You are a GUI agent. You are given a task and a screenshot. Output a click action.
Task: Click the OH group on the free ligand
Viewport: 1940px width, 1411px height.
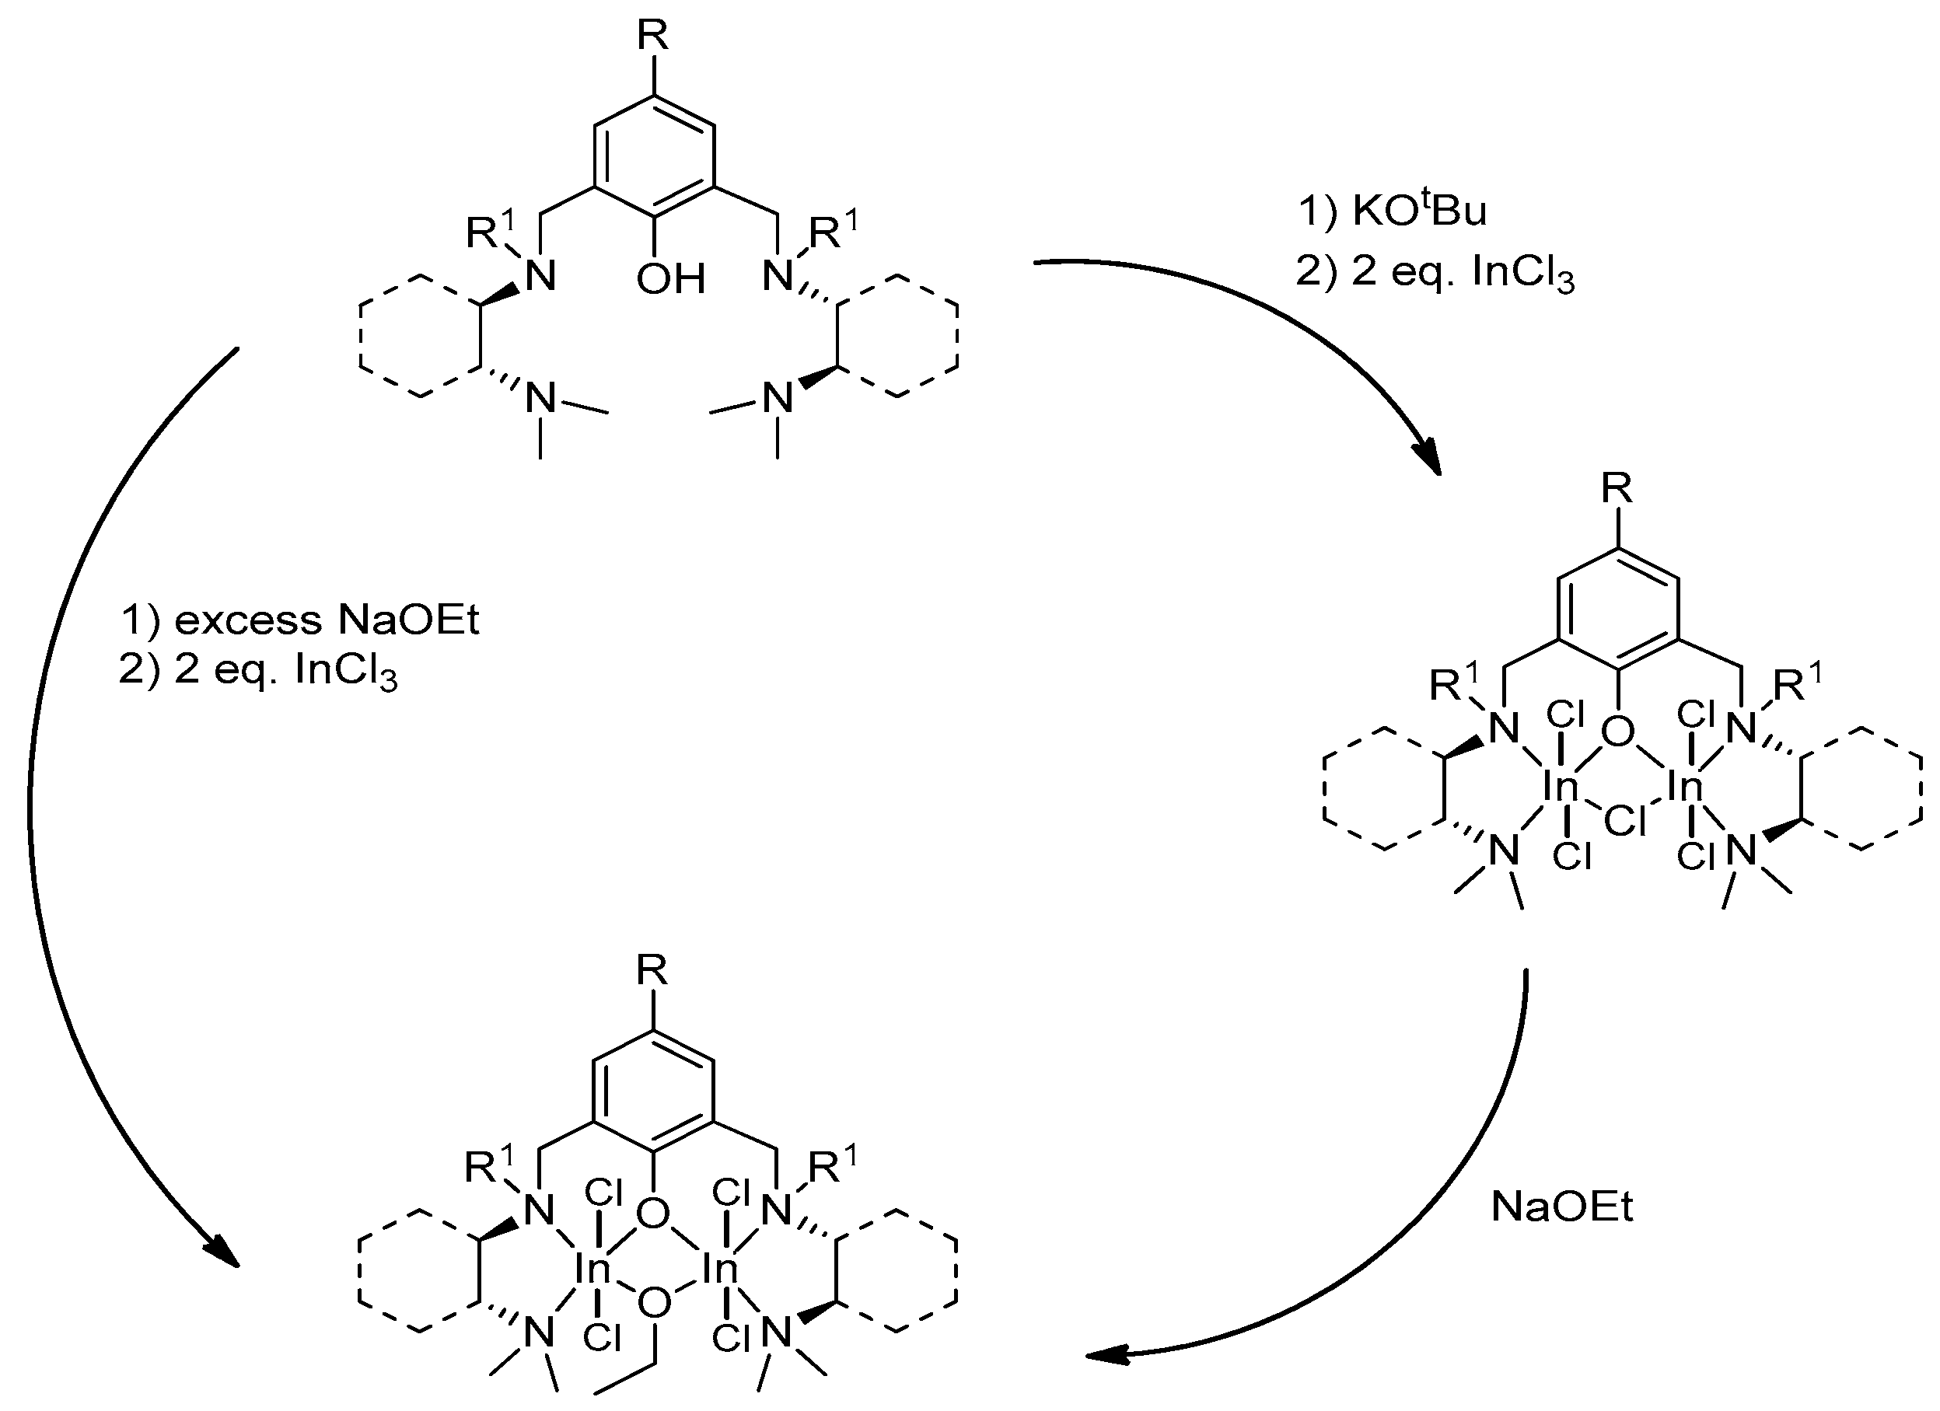(x=670, y=279)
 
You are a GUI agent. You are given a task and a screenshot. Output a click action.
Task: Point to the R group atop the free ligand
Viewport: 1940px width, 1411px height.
(x=653, y=36)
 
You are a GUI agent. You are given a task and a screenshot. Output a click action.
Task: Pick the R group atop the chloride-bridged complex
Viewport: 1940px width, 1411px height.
(x=1617, y=489)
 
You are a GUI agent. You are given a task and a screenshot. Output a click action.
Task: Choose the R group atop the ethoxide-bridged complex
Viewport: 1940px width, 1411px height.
(x=652, y=970)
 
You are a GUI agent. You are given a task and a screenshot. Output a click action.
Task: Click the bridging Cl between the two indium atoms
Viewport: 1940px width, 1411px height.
(x=1624, y=822)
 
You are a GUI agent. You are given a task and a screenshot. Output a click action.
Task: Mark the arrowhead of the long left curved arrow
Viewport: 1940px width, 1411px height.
(x=224, y=1254)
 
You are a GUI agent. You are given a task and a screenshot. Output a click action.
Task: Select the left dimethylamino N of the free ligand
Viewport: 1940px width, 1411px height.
(x=540, y=399)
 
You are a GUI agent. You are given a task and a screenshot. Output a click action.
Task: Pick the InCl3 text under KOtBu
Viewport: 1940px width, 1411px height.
(x=1522, y=273)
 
